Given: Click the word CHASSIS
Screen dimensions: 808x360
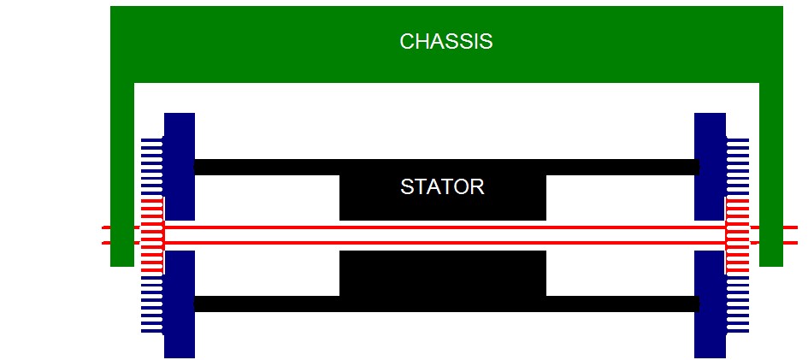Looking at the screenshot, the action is pos(445,41).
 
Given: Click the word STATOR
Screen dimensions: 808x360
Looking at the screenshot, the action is pos(442,187).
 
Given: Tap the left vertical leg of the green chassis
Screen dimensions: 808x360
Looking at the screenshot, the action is pos(122,171).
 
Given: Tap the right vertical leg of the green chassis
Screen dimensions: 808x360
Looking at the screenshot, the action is pos(770,171).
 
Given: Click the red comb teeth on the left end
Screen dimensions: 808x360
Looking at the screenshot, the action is pos(152,236).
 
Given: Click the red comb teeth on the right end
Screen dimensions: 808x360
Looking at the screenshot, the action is pos(737,236).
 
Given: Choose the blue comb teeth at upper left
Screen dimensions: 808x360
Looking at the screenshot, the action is pos(152,167).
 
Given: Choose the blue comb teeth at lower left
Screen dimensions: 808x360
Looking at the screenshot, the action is pos(152,304).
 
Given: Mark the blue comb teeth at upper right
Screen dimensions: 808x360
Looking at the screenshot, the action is pos(737,167).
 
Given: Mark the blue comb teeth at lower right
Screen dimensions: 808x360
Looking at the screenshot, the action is pos(737,304).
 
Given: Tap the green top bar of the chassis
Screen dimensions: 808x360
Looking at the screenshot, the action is pos(257,43).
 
